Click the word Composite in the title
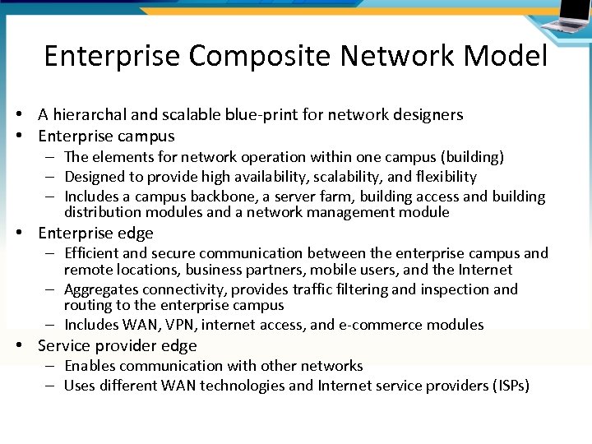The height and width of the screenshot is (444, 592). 253,57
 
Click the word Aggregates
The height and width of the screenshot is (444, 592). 102,289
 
